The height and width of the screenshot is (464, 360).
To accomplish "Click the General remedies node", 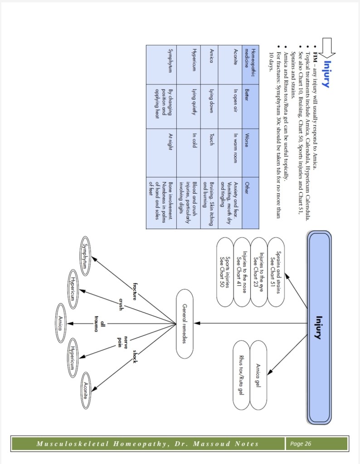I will (x=185, y=323).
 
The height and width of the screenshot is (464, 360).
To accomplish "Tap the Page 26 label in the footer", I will (x=301, y=444).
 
